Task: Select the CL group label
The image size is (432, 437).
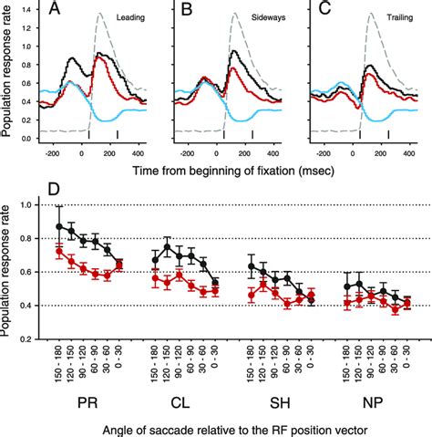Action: [185, 401]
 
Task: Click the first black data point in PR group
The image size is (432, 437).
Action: [61, 226]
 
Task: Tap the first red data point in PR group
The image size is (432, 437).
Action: [61, 251]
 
